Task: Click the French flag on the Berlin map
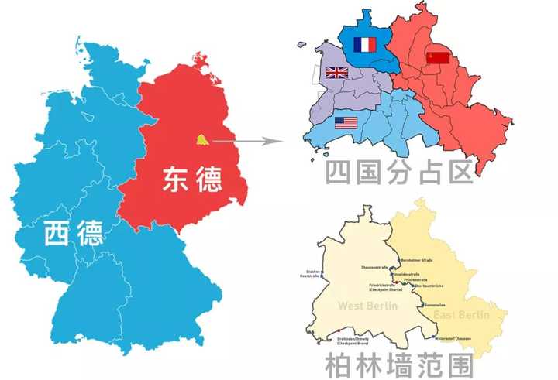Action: pyautogui.click(x=363, y=46)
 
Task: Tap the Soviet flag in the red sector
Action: pyautogui.click(x=439, y=58)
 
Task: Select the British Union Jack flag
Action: pyautogui.click(x=337, y=74)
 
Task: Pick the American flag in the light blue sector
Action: pyautogui.click(x=346, y=122)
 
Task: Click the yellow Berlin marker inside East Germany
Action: pyautogui.click(x=201, y=140)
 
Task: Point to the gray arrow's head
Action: pyautogui.click(x=273, y=142)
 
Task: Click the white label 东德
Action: pyautogui.click(x=191, y=179)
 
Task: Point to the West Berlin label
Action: pyautogui.click(x=367, y=306)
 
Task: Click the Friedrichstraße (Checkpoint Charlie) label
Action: pyautogui.click(x=384, y=287)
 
